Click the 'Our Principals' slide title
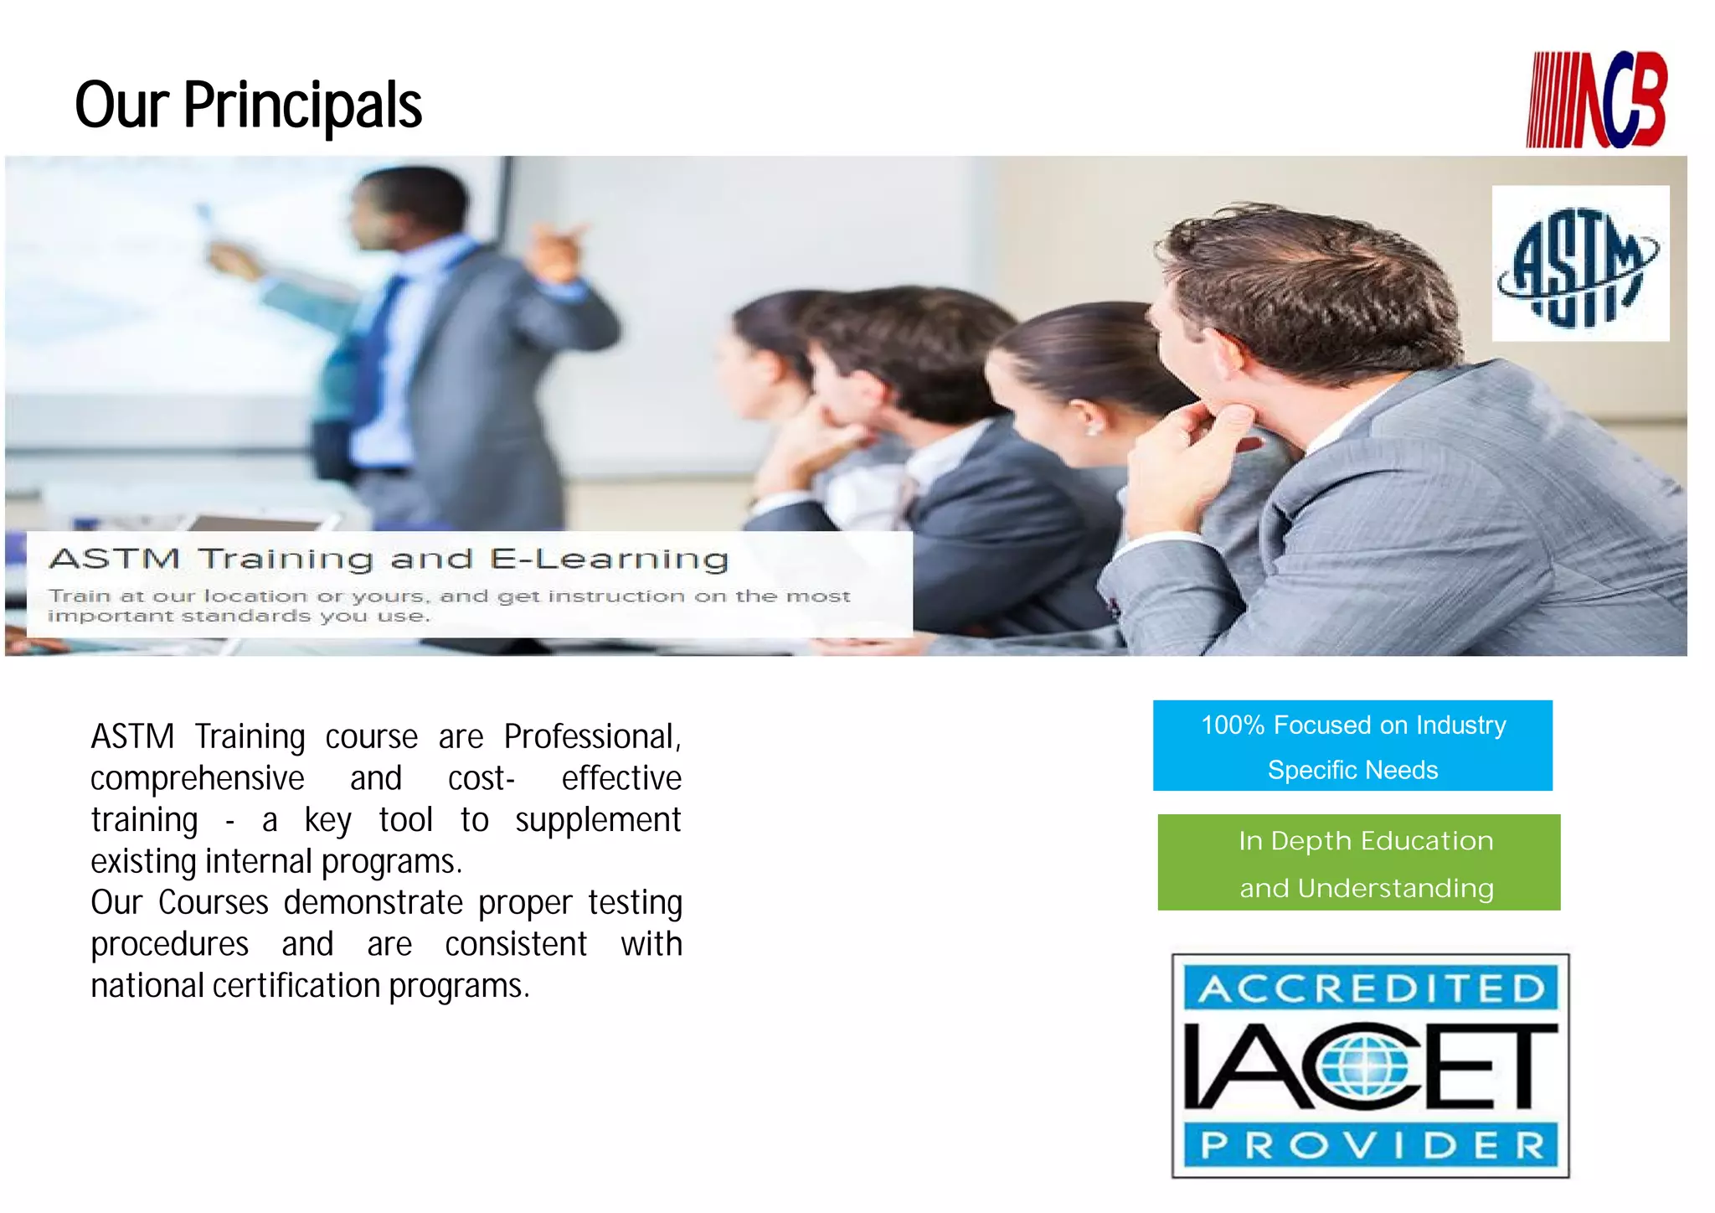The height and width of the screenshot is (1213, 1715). click(248, 106)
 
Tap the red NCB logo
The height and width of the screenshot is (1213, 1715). click(1596, 101)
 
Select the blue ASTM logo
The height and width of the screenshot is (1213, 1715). click(1579, 264)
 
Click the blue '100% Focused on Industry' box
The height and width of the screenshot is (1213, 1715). click(1352, 746)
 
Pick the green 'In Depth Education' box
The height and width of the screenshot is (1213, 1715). click(1358, 862)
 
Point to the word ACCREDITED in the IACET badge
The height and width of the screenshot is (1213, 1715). click(1371, 989)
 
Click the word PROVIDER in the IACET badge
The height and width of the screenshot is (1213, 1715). click(1371, 1145)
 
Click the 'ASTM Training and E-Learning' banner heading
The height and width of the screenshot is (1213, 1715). click(389, 559)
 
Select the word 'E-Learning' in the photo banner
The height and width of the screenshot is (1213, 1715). click(609, 559)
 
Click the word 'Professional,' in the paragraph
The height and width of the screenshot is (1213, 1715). click(592, 737)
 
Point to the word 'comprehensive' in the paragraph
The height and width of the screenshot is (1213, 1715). click(197, 779)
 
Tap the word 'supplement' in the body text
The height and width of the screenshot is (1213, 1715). click(598, 820)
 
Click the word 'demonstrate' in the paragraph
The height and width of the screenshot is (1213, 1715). click(373, 903)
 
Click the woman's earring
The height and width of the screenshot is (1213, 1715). click(1093, 431)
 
